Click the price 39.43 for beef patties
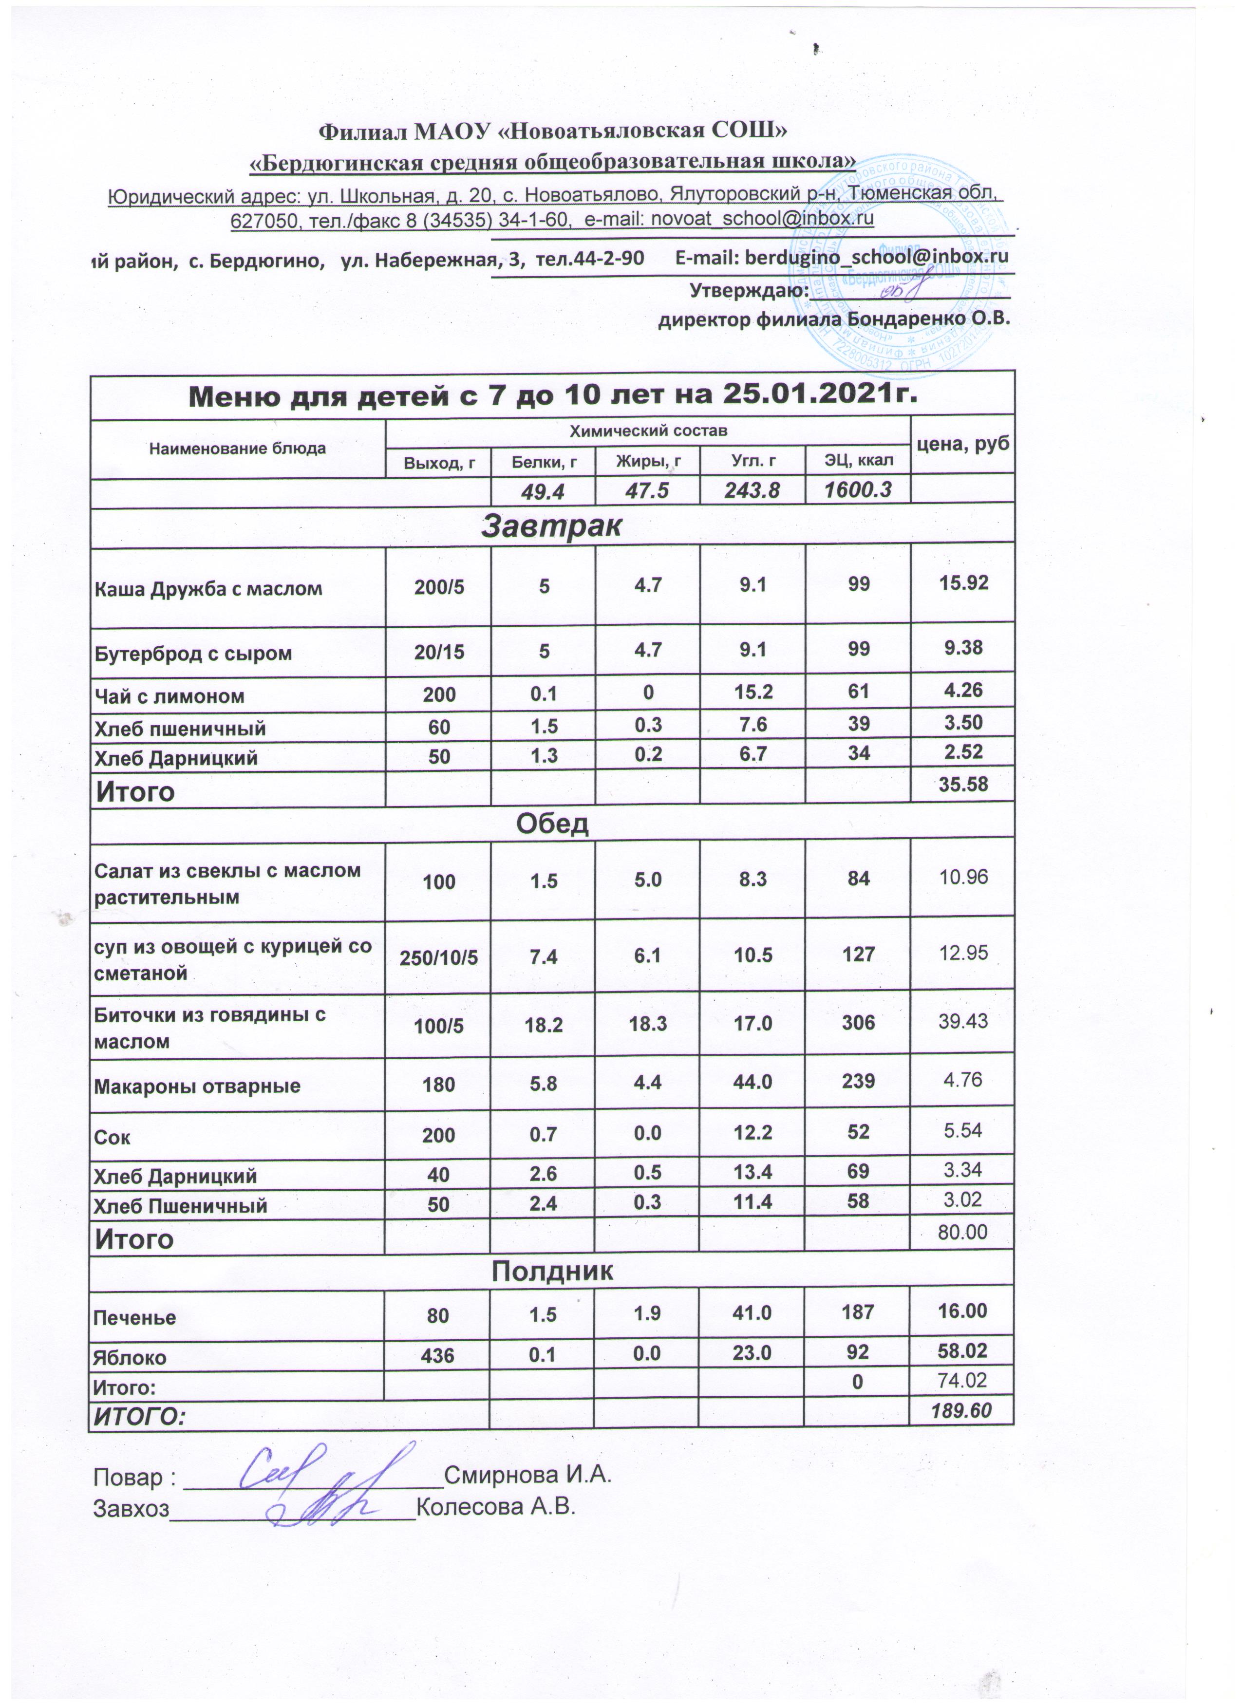pos(962,1021)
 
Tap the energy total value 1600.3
pos(858,490)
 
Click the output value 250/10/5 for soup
pos(438,956)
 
